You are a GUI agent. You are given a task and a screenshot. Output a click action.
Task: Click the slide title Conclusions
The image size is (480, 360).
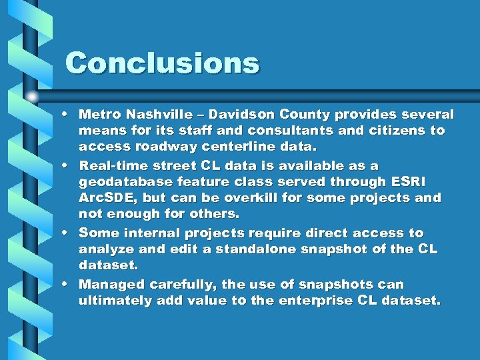162,63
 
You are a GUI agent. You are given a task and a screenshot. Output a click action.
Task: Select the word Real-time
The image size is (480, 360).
110,165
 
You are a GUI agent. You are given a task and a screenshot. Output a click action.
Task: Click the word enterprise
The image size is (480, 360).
311,301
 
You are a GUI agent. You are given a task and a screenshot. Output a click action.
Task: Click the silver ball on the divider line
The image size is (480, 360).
32,96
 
